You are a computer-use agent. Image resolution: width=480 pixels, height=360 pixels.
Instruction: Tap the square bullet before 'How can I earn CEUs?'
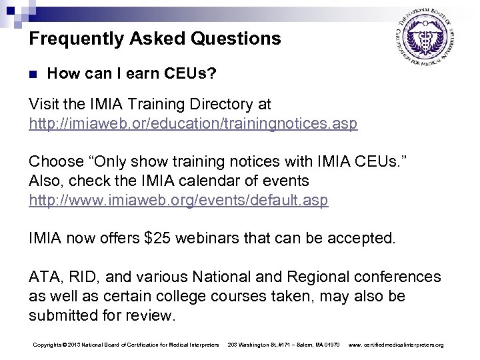point(33,75)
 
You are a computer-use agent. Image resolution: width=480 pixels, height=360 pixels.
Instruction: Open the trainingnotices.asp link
point(193,123)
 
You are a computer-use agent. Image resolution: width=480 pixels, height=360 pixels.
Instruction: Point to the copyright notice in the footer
point(125,344)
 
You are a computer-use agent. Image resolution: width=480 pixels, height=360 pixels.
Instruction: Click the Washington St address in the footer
point(284,344)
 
